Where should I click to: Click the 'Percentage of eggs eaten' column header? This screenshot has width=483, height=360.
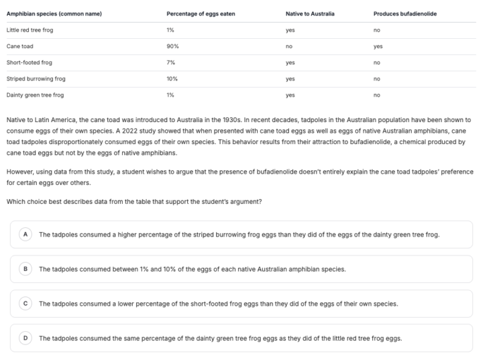(x=201, y=14)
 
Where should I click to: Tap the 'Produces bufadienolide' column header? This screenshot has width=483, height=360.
(x=405, y=14)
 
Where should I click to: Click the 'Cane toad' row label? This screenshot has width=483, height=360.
(x=19, y=46)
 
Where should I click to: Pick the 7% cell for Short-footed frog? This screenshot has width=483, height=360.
(x=170, y=62)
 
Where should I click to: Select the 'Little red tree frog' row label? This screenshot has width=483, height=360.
(x=30, y=30)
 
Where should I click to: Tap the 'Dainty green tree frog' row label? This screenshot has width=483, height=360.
(x=35, y=95)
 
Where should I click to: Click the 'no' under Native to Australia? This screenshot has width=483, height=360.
(x=289, y=46)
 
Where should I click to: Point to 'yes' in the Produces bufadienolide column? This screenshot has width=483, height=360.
(x=378, y=46)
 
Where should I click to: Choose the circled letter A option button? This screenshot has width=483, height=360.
(x=25, y=235)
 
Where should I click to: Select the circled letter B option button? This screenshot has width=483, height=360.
(x=25, y=269)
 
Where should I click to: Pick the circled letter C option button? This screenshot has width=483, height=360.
(x=25, y=304)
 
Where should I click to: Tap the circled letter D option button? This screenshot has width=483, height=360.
(x=25, y=338)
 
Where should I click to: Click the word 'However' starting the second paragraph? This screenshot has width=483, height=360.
(x=19, y=172)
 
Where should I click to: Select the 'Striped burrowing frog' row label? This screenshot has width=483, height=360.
(x=36, y=78)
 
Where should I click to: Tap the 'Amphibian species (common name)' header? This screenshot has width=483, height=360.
(x=54, y=14)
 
